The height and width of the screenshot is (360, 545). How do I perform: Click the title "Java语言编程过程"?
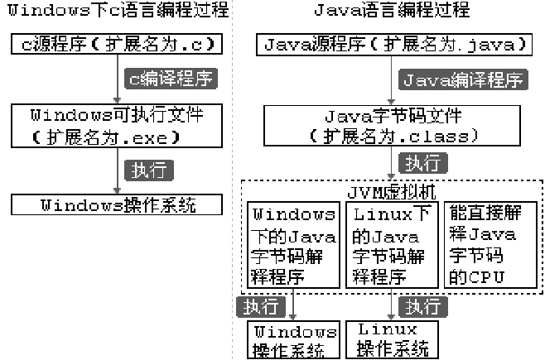(x=392, y=11)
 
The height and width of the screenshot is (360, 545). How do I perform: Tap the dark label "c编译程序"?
(x=170, y=79)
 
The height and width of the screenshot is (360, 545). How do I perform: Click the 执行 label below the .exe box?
(x=149, y=170)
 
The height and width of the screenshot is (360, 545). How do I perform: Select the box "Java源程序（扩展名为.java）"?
(x=392, y=44)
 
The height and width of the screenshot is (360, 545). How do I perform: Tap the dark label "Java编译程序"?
(x=462, y=79)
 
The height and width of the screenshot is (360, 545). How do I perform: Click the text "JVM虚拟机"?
(x=392, y=191)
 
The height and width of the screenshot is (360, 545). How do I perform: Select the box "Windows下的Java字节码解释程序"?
(x=293, y=244)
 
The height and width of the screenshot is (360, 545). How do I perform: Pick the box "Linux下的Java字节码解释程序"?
(x=391, y=244)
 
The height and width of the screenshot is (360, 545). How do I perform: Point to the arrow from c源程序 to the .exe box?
(x=118, y=79)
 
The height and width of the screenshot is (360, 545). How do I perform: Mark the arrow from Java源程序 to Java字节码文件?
(x=392, y=79)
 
